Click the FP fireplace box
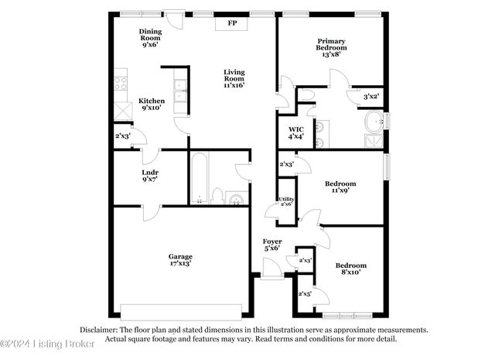232,23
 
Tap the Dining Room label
150,37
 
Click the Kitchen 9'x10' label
151,105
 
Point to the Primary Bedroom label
331,44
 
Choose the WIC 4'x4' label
296,132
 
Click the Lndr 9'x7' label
150,176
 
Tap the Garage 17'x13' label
181,260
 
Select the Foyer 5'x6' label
271,245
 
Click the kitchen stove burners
121,81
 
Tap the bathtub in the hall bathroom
199,177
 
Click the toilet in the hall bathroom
217,195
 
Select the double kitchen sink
179,91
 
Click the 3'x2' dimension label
372,96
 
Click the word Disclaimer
97,329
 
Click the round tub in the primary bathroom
374,122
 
